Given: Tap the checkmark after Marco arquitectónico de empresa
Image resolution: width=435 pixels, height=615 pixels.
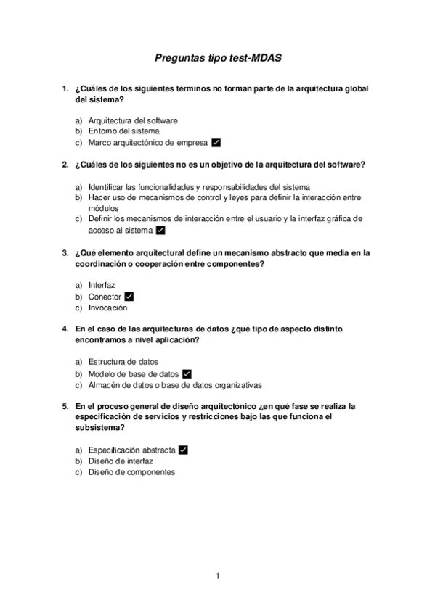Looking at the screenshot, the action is [216, 143].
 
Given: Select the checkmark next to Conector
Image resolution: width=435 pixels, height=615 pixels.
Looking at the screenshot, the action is [129, 297].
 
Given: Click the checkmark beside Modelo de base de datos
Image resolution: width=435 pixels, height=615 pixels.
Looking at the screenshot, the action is [187, 374].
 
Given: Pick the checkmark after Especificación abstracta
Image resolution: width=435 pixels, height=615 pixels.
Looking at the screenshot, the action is [183, 450].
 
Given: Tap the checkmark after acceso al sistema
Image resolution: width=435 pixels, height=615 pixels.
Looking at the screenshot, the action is [160, 231].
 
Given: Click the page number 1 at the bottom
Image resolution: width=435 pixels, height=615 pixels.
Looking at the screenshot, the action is [217, 576].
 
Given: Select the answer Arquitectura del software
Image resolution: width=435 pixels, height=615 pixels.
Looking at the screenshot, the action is [133, 120].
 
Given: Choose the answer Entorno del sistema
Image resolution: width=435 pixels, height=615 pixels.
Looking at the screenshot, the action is [123, 131].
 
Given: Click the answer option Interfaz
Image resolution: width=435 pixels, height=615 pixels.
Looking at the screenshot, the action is [102, 286].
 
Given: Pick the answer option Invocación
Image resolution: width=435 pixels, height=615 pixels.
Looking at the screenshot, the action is [107, 307].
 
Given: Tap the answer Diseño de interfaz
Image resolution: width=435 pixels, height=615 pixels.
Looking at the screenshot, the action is [121, 461].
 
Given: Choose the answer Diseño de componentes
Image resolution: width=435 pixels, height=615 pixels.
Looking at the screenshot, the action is [131, 472].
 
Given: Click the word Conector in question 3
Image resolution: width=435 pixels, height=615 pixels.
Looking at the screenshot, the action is [105, 297].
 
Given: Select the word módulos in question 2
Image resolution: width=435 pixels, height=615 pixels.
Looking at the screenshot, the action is [103, 207].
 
